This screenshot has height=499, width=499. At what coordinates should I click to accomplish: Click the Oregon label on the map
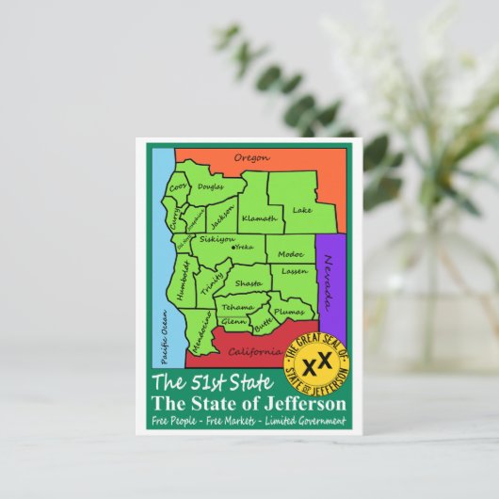[x=251, y=157]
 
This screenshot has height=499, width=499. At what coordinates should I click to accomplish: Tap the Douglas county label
[x=210, y=187]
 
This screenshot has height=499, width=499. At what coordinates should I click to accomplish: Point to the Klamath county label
[x=259, y=218]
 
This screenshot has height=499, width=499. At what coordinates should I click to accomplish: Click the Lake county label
[x=301, y=210]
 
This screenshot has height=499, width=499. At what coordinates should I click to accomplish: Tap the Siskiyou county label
[x=215, y=239]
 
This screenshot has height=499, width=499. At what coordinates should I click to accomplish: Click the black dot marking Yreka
[x=233, y=247]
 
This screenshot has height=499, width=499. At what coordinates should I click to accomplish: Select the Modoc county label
[x=290, y=254]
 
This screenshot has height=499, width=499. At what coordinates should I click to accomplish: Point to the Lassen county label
[x=295, y=271]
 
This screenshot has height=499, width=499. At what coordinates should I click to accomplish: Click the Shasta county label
[x=249, y=282]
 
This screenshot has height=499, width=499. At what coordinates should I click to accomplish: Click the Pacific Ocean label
[x=163, y=338]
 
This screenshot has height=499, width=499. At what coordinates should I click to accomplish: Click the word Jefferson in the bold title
[x=302, y=403]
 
